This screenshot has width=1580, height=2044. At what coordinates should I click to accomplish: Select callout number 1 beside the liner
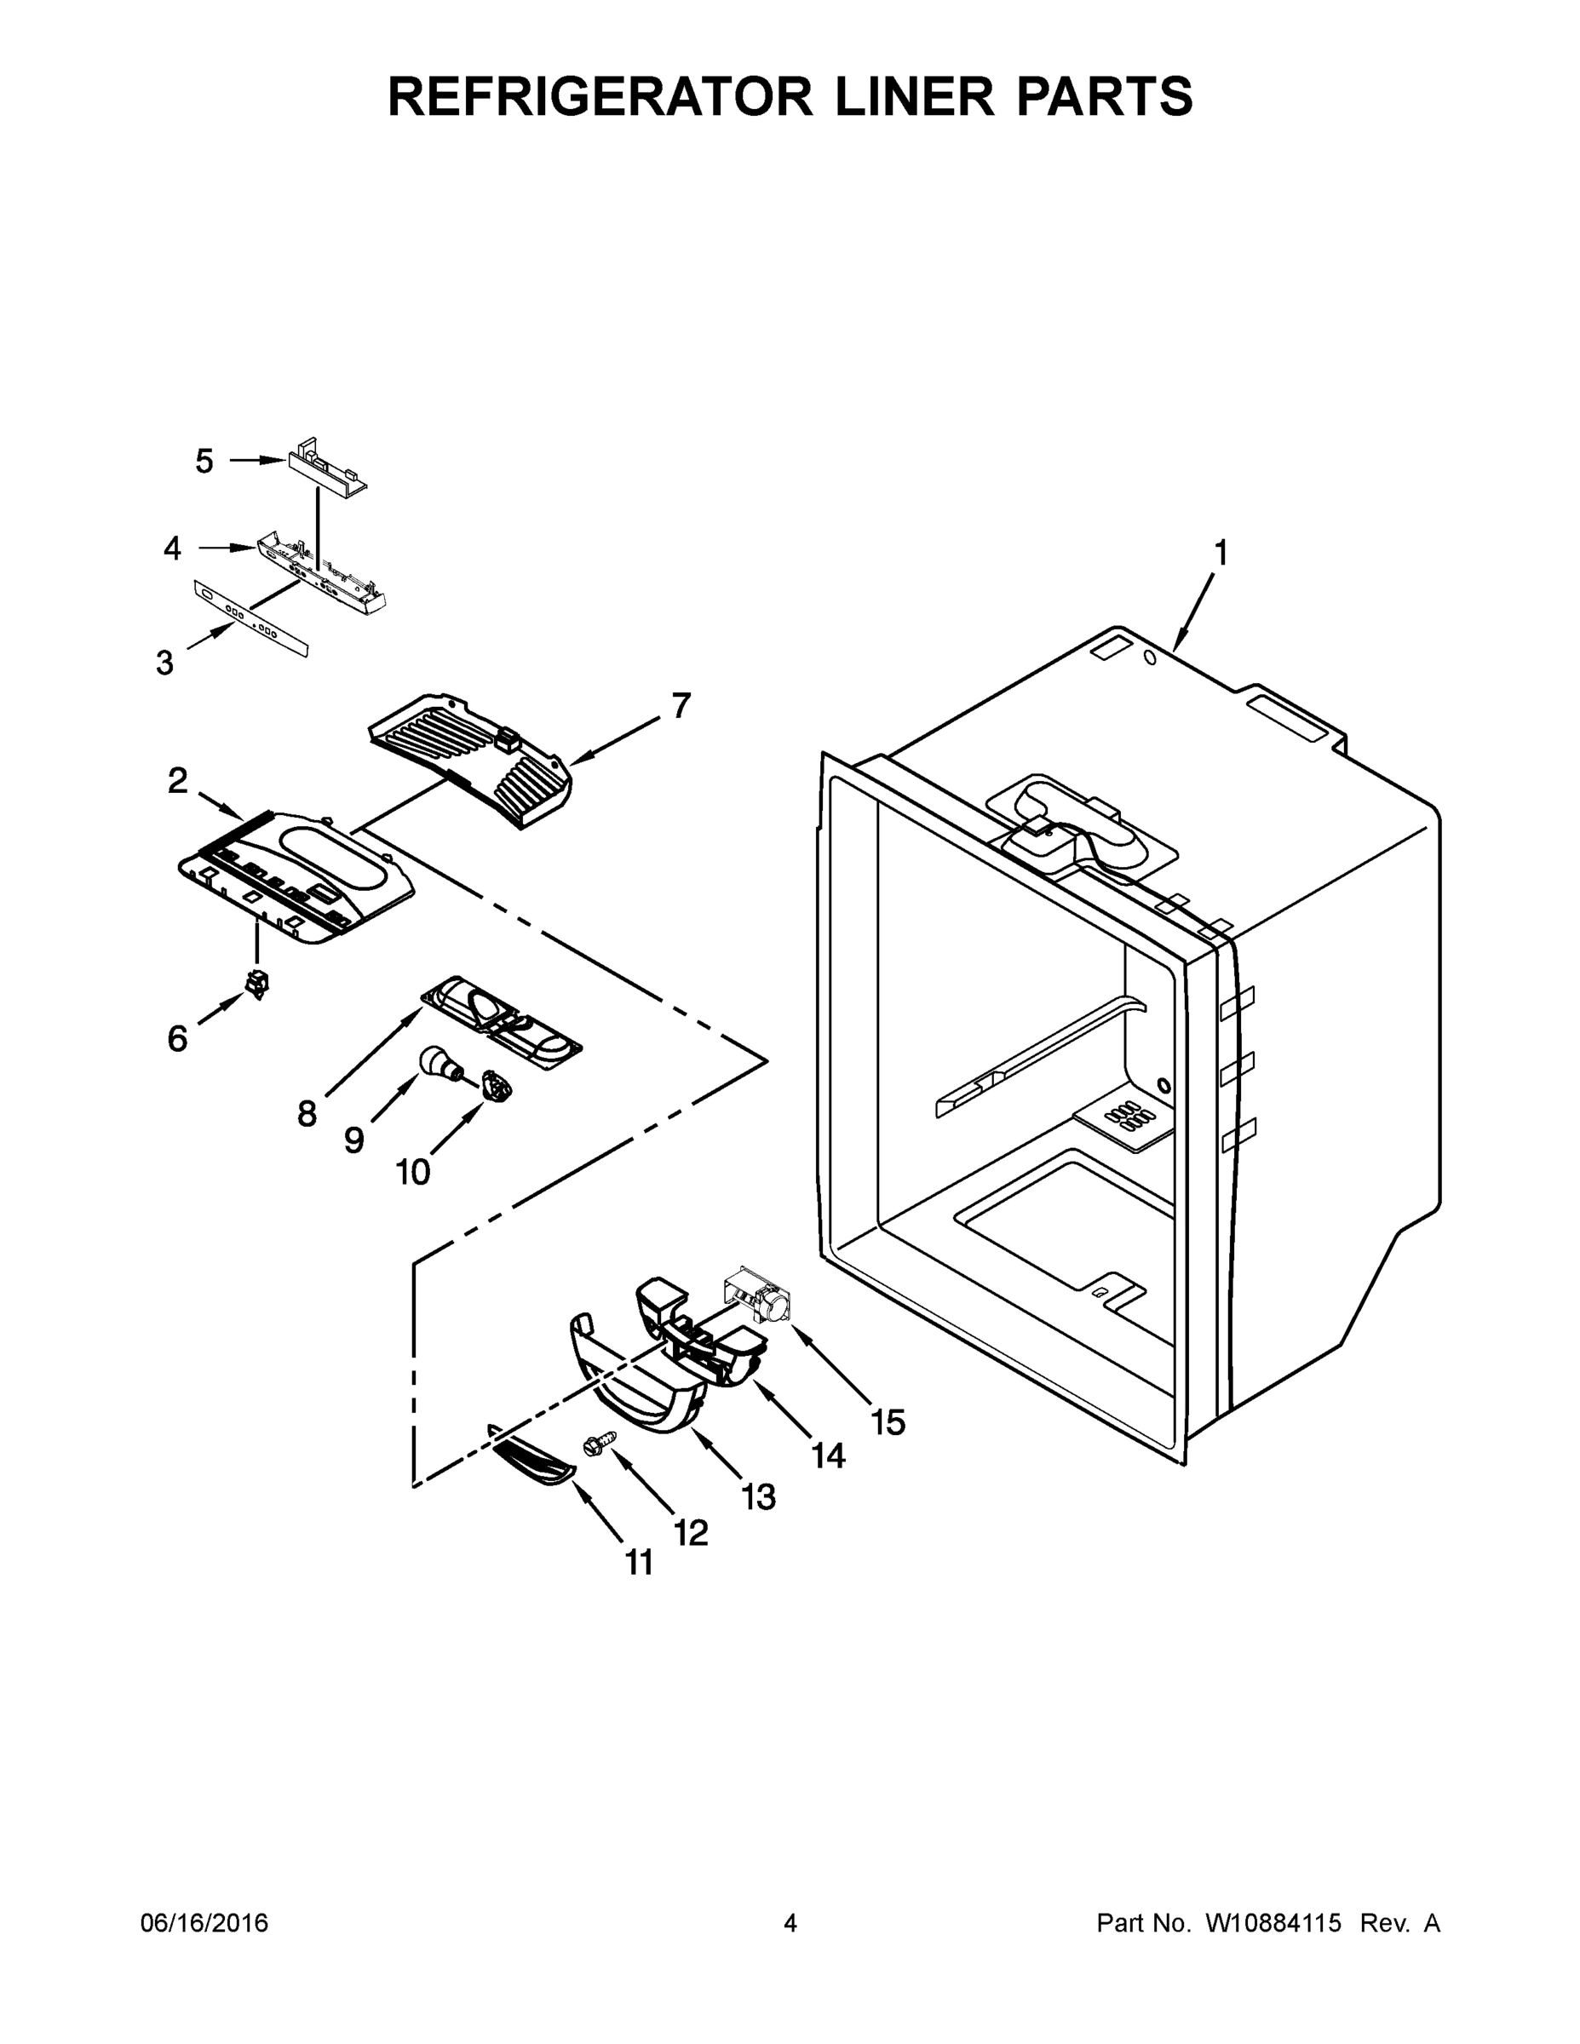click(1221, 554)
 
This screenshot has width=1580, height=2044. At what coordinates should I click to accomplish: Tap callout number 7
click(681, 706)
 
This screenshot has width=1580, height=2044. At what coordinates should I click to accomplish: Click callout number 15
click(888, 1422)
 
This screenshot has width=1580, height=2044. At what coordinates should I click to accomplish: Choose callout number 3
click(164, 663)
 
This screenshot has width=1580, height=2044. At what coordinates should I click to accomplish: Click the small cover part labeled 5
click(325, 466)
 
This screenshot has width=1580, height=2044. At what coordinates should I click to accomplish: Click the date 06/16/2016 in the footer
click(204, 1923)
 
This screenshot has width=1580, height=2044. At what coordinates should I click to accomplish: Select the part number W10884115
click(1273, 1923)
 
